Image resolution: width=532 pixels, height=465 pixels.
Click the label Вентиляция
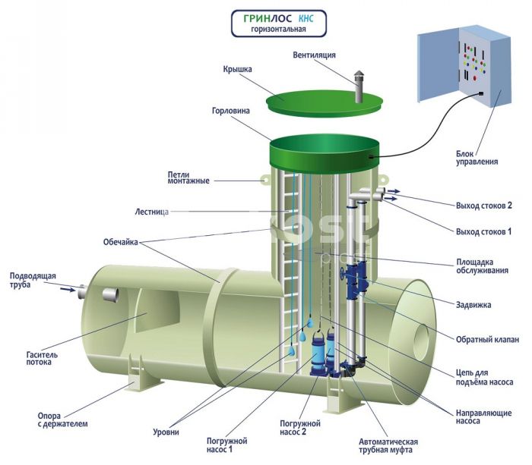coord(314,55)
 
